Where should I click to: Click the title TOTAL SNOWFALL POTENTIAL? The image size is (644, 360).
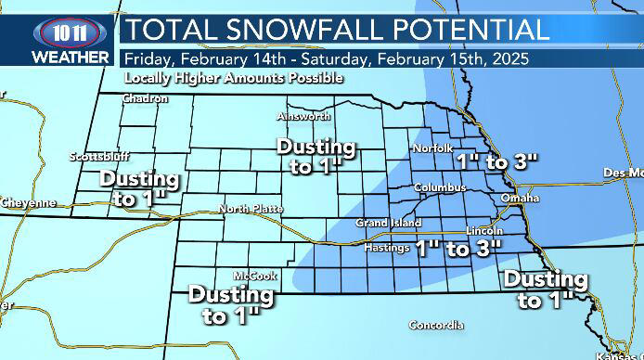(337, 29)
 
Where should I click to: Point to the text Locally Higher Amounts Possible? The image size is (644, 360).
(234, 78)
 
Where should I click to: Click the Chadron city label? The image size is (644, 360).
(145, 98)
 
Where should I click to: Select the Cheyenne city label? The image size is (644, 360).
(28, 202)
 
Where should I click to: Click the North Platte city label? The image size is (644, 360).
(251, 209)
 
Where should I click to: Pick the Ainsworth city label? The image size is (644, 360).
(304, 117)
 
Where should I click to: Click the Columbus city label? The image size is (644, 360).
(439, 187)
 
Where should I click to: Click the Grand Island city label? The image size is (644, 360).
(388, 224)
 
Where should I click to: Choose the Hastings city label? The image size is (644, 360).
(386, 248)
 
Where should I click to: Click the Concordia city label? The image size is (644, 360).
(436, 326)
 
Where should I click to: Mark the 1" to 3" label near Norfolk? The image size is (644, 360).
(497, 161)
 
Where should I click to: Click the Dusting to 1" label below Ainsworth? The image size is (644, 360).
(316, 157)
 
